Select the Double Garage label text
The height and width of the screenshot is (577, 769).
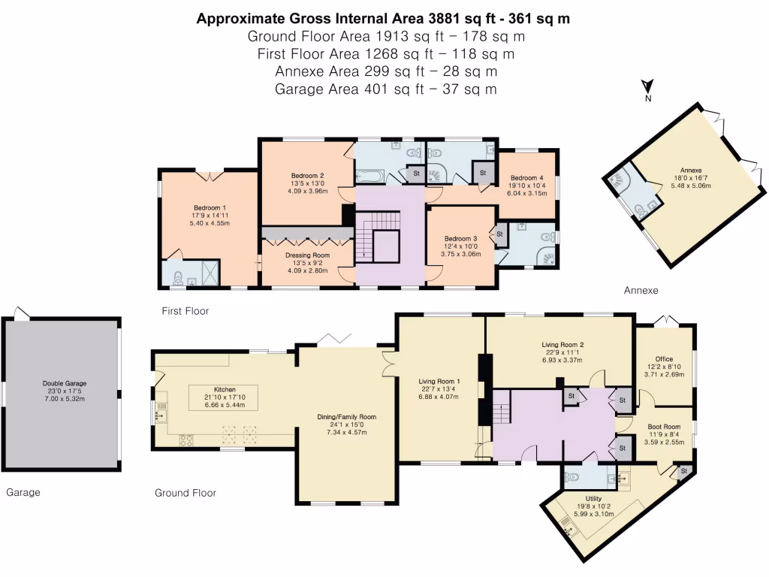(62, 383)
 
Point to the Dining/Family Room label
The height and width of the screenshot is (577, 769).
(345, 416)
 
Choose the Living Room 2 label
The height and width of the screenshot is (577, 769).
(562, 346)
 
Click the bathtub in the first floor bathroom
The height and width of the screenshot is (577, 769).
(369, 177)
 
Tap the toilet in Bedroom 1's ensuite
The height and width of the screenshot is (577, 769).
(176, 277)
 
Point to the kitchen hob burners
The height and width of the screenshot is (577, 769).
(185, 440)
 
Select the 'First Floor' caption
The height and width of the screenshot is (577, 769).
(185, 310)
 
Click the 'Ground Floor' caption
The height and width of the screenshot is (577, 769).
(185, 493)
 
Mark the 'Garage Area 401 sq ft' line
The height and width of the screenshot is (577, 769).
(385, 89)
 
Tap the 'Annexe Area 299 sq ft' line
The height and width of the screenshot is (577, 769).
(385, 71)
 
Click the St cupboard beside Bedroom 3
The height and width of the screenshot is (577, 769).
(499, 234)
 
